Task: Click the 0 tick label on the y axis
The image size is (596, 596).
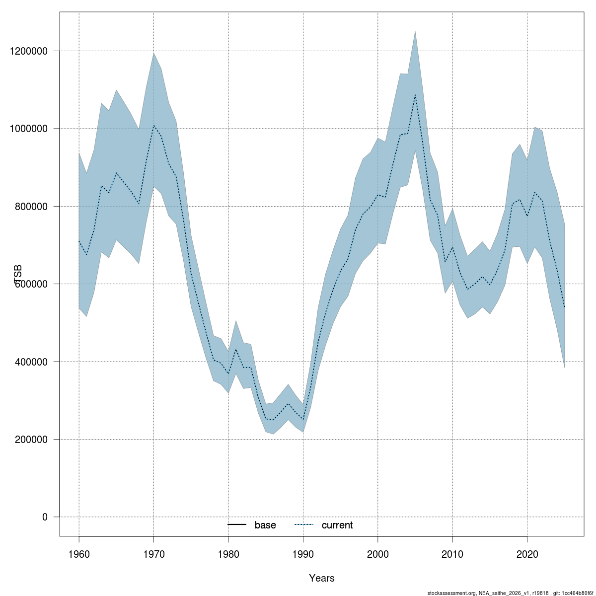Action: coord(45,517)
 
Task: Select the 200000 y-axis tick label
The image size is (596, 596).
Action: coord(31,440)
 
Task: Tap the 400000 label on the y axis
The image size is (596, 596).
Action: coord(31,362)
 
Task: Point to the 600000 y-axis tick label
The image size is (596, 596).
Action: coord(31,284)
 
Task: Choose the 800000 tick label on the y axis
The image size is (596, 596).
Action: coord(31,207)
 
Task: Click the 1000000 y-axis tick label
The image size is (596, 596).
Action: coord(29,129)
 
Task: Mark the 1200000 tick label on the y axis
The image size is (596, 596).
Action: coord(29,51)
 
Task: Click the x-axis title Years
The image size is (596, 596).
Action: coord(321,578)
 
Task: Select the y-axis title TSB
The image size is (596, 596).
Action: coord(18,274)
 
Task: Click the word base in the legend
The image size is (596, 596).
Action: coord(265,525)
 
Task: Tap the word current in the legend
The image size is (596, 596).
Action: coord(337,525)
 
